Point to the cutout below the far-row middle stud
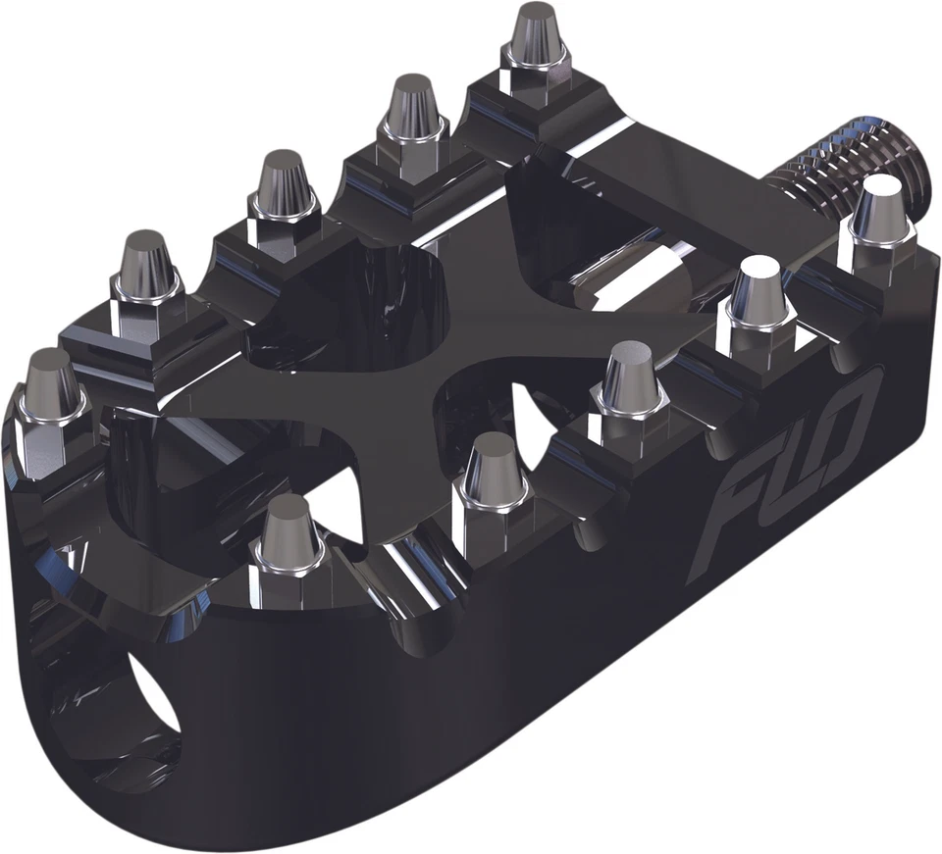click(x=343, y=304)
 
